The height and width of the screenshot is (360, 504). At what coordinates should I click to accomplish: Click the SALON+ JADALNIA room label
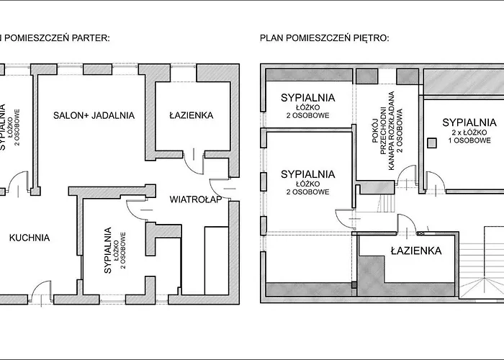94,115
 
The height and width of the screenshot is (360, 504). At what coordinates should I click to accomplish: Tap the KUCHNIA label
30,238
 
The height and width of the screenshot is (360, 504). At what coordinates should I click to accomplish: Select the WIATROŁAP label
196,199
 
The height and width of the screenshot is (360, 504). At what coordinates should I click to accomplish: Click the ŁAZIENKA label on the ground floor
192,115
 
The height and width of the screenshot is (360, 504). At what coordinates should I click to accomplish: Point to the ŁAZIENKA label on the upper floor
416,251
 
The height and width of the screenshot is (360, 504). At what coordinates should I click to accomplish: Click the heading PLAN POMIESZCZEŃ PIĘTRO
325,38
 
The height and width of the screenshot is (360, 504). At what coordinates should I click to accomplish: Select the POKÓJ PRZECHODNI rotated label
378,130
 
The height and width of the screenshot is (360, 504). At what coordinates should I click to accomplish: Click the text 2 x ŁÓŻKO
469,132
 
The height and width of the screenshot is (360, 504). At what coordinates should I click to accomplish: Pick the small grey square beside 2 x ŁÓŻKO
432,143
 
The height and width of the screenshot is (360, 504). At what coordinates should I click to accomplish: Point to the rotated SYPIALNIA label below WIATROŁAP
108,251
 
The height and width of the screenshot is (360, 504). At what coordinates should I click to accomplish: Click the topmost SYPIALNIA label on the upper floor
308,98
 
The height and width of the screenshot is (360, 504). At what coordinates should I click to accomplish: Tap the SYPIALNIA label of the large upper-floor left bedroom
308,174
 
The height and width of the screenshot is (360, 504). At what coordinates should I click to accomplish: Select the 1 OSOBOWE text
469,140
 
